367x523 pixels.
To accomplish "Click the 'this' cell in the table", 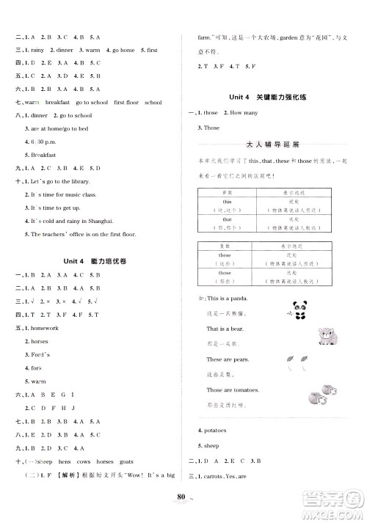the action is click(x=227, y=201).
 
